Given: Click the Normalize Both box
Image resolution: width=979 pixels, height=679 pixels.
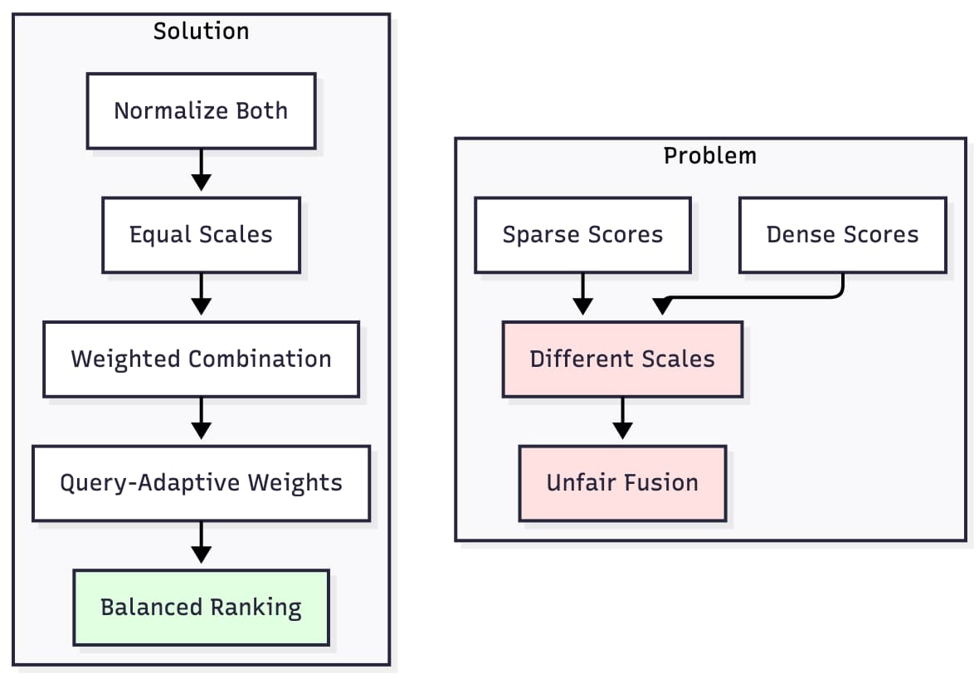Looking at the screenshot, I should tap(201, 110).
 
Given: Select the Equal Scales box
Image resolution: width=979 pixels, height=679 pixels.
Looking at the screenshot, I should tap(201, 235).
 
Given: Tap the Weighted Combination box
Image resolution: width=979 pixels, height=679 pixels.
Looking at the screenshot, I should tap(201, 359).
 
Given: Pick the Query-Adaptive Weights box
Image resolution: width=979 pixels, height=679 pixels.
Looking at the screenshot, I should tap(201, 483).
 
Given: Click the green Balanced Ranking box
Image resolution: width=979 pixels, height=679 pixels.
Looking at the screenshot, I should tap(201, 608).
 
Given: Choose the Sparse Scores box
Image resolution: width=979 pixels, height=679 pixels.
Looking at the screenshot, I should tap(582, 235).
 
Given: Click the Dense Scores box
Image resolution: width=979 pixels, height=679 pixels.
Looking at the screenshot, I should tap(842, 235).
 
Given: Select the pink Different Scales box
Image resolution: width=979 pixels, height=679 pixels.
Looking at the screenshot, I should tap(622, 359).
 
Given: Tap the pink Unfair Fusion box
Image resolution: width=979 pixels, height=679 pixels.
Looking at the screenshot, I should tap(622, 483).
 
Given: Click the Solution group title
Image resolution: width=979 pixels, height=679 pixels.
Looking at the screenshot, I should tap(201, 32).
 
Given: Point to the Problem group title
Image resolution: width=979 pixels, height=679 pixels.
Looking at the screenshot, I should tap(710, 155).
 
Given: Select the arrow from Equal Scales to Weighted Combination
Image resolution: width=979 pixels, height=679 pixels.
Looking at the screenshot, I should tap(201, 295).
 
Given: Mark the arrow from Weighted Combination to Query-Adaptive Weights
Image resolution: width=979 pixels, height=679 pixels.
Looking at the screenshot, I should tap(201, 419).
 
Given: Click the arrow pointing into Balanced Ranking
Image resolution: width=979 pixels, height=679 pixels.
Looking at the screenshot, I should tap(201, 544).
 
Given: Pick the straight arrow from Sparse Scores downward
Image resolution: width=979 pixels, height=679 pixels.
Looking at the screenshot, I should tap(582, 293).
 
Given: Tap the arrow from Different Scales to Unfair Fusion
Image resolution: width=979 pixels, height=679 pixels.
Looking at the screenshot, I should tap(622, 419).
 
